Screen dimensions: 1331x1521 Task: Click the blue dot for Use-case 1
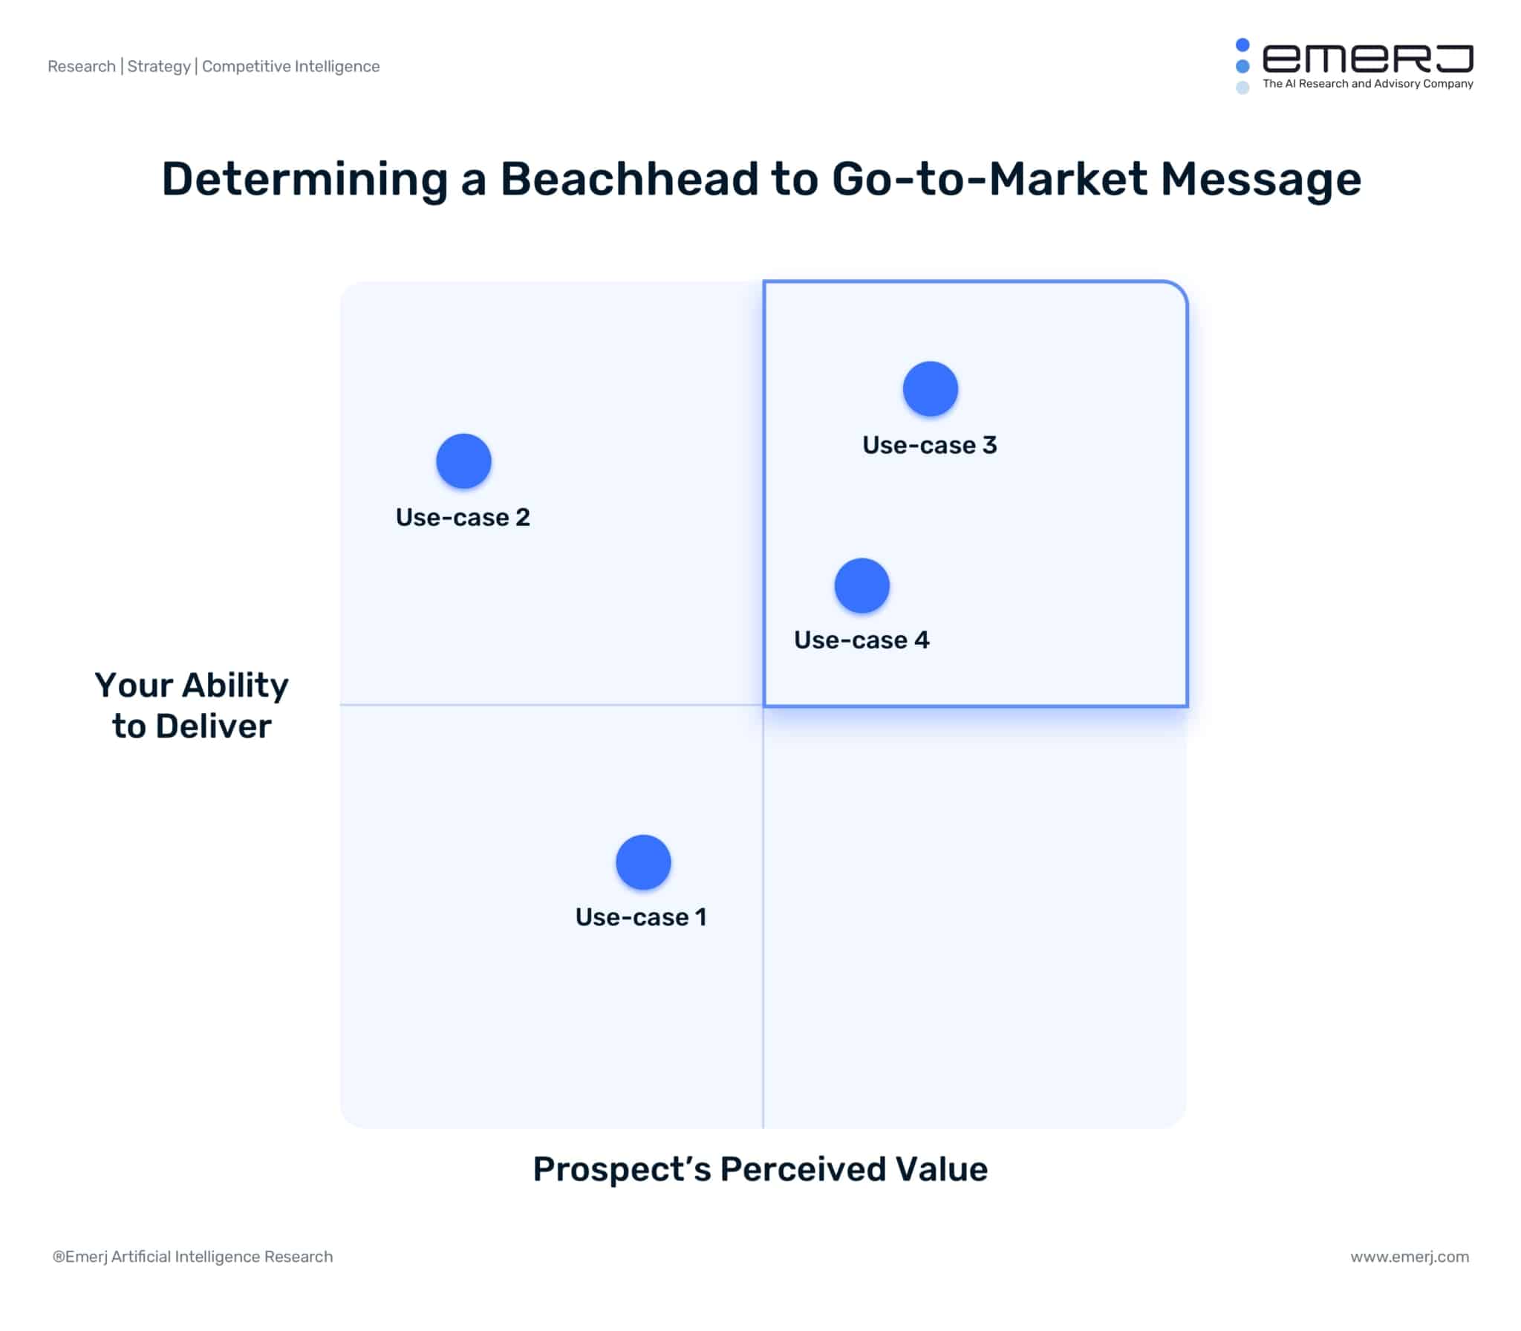pyautogui.click(x=643, y=862)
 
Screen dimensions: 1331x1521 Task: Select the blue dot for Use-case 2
pyautogui.click(x=463, y=461)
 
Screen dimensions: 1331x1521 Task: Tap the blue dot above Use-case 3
pyautogui.click(x=930, y=388)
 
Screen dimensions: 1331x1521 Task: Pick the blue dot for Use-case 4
pyautogui.click(x=862, y=585)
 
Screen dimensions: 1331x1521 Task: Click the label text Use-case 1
pyautogui.click(x=640, y=917)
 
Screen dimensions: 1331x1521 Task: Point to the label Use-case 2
pyautogui.click(x=463, y=517)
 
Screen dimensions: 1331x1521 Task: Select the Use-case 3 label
pyautogui.click(x=929, y=445)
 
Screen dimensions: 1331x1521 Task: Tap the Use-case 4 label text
pyautogui.click(x=862, y=640)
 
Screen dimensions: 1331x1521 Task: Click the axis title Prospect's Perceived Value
pyautogui.click(x=760, y=1168)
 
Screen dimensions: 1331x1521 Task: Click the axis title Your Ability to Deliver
pyautogui.click(x=192, y=705)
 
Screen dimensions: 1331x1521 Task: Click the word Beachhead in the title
pyautogui.click(x=629, y=179)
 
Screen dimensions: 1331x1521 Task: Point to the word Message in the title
pyautogui.click(x=1260, y=179)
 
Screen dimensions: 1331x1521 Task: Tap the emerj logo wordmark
pyautogui.click(x=1367, y=59)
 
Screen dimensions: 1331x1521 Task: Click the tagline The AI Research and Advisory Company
pyautogui.click(x=1367, y=84)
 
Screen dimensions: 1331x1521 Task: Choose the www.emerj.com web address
pyautogui.click(x=1409, y=1257)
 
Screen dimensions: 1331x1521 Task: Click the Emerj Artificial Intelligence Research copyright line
pyautogui.click(x=193, y=1257)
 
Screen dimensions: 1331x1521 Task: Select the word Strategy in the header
pyautogui.click(x=159, y=66)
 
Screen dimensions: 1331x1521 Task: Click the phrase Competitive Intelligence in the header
pyautogui.click(x=290, y=66)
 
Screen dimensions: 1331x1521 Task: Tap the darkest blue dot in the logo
pyautogui.click(x=1242, y=45)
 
